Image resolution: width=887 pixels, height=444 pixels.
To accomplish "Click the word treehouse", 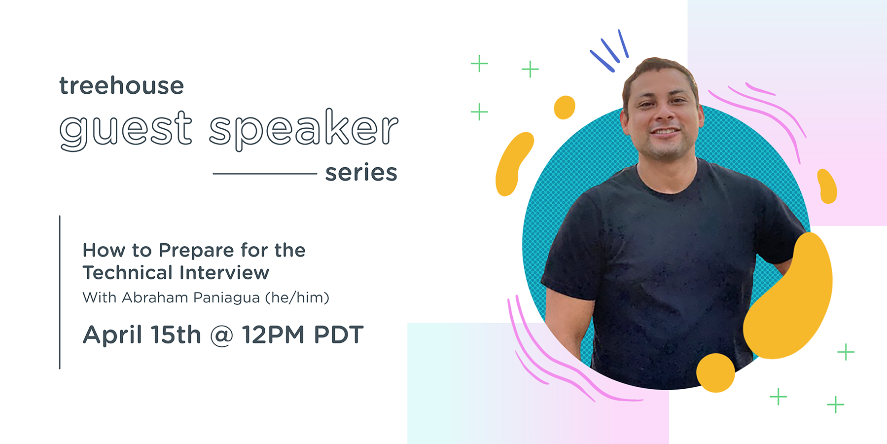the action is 121,85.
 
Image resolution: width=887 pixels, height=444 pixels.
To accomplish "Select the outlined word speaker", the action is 303,129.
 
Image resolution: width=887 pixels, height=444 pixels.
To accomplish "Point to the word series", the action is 361,173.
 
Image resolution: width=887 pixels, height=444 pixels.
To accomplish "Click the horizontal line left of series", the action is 265,174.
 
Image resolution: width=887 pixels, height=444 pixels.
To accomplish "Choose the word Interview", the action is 224,272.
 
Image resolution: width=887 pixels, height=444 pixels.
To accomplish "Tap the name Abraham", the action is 155,297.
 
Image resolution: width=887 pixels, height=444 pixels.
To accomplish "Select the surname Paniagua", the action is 226,298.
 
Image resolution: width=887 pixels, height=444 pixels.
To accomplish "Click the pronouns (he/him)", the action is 297,298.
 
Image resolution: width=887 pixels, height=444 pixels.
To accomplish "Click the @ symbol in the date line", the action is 221,336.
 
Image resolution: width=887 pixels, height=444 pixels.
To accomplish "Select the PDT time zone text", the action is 339,335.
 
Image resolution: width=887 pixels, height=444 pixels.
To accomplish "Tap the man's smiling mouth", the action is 665,132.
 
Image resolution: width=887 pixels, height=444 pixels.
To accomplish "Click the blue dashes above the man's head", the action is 610,51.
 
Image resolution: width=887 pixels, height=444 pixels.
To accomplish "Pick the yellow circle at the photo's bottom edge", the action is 715,373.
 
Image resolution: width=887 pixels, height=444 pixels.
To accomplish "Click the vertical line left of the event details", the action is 60,292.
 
